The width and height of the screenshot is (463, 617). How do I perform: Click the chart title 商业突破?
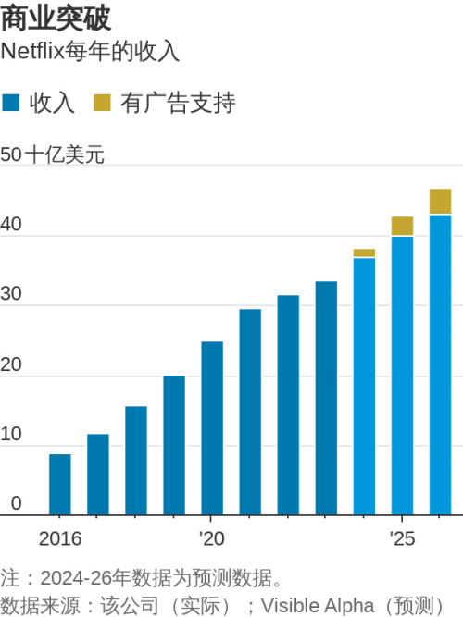pos(55,19)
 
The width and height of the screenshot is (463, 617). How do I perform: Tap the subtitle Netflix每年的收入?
pos(90,52)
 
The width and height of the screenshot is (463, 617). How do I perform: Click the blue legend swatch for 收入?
pos(12,102)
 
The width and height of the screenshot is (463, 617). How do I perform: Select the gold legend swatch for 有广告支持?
pos(102,102)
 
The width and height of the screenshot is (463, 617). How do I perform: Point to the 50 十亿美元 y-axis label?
pos(53,154)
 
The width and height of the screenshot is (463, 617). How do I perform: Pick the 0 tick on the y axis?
pos(16,503)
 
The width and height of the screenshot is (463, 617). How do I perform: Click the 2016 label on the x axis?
pos(59,538)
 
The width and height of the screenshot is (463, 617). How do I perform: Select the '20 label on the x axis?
pos(211,538)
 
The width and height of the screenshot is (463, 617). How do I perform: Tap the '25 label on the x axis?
pos(402,538)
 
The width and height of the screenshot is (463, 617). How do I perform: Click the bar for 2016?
pos(59,484)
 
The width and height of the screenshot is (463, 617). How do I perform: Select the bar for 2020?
pos(212,427)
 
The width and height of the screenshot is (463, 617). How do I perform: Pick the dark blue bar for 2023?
pos(326,398)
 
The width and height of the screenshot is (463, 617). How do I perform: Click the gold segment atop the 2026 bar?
pos(440,202)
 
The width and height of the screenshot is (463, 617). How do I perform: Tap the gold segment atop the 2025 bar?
pos(402,227)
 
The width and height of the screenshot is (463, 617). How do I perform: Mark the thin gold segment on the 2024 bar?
pos(364,253)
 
